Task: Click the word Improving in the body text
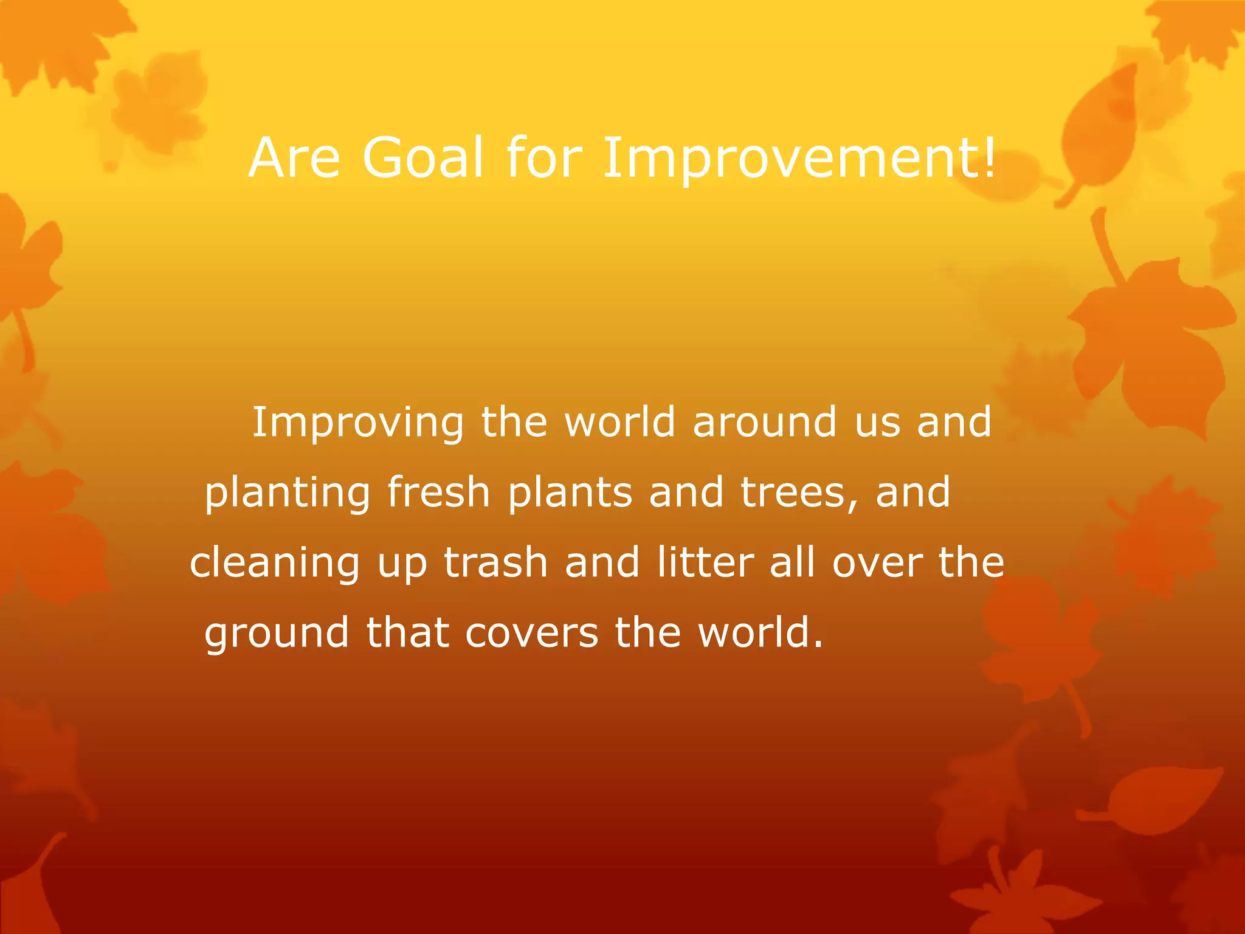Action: click(x=358, y=423)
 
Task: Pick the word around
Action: click(x=765, y=422)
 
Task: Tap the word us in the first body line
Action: click(x=877, y=423)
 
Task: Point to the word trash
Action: click(x=495, y=562)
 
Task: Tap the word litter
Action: click(x=705, y=562)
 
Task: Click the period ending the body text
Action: click(x=818, y=645)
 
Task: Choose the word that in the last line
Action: click(x=407, y=632)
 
